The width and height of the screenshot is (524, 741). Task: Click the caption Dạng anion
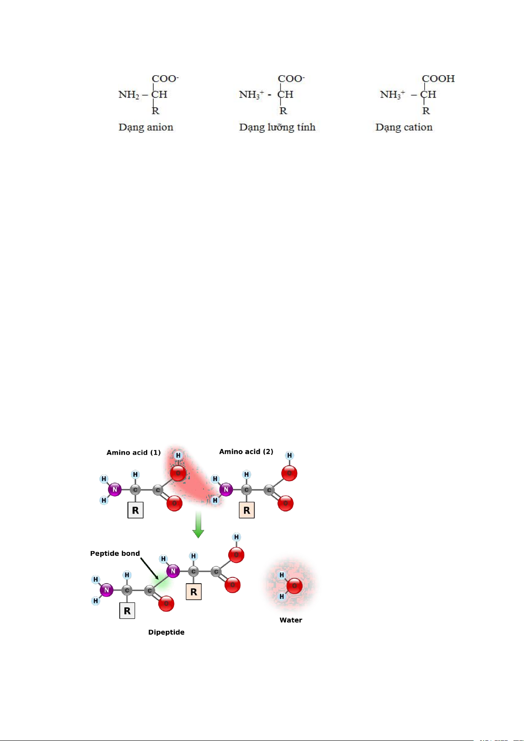tap(146, 128)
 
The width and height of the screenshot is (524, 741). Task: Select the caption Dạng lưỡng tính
tap(277, 128)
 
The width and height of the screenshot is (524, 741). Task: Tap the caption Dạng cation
tap(404, 128)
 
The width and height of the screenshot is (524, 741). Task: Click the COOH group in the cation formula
tap(438, 79)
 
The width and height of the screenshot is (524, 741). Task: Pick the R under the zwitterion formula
tap(283, 111)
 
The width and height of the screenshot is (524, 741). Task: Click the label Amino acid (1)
tap(134, 453)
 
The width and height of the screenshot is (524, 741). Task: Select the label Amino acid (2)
tap(246, 452)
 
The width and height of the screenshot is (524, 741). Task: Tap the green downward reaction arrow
tap(198, 525)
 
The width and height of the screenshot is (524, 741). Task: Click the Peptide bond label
tap(115, 554)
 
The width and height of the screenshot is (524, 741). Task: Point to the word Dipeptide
tap(166, 632)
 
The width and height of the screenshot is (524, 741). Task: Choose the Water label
tap(291, 621)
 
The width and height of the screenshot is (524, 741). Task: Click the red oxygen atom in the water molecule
tap(294, 586)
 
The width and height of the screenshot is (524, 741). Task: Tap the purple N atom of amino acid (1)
tap(115, 489)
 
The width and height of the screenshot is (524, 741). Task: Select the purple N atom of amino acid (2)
tap(226, 489)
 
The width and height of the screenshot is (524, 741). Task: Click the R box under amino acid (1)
tap(135, 511)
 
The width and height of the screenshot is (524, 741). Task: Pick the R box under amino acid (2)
tap(247, 511)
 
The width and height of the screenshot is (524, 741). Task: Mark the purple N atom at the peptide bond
tap(173, 571)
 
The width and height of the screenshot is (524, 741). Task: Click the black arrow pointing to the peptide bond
tap(149, 568)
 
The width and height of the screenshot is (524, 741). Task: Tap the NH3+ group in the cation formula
tap(393, 95)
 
